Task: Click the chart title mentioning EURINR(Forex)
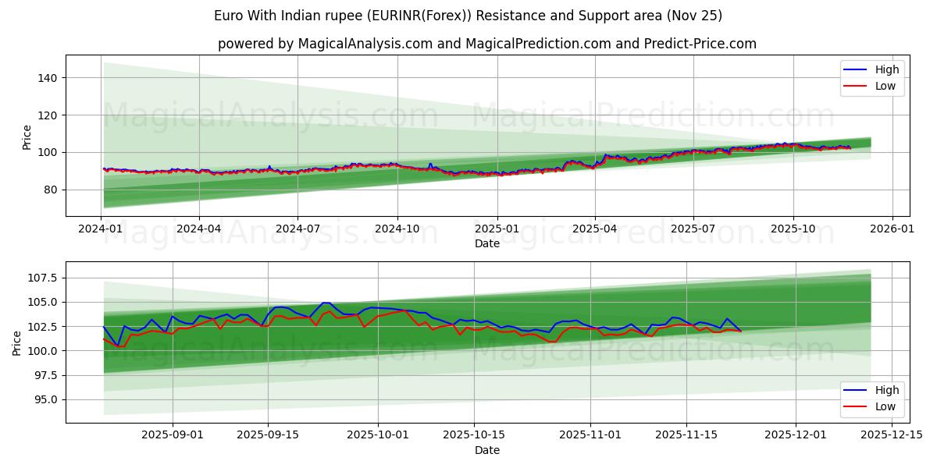(468, 16)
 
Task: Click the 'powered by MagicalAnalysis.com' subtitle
(486, 44)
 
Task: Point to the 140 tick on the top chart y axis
(48, 78)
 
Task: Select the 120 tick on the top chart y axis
(48, 115)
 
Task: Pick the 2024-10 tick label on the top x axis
(397, 229)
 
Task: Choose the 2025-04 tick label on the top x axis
(595, 229)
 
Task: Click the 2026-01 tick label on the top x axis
(892, 229)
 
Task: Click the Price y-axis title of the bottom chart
(17, 342)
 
